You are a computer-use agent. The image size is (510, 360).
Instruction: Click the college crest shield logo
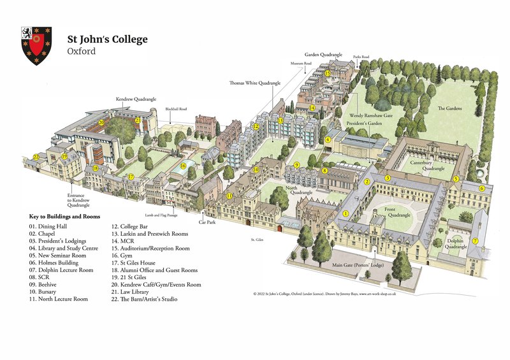click(36, 45)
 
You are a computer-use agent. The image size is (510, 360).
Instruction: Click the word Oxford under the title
click(81, 51)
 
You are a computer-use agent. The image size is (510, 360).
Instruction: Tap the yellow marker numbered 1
click(346, 214)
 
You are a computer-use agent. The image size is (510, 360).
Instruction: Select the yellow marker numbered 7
click(475, 241)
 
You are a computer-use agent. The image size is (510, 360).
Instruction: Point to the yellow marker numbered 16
click(183, 166)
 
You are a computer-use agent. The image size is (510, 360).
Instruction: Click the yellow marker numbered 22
click(36, 157)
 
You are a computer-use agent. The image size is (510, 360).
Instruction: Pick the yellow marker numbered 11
click(229, 196)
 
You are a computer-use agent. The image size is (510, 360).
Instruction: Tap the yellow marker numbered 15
click(327, 73)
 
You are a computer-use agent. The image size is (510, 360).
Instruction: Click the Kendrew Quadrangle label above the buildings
click(136, 99)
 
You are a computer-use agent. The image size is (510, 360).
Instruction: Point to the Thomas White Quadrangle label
click(255, 83)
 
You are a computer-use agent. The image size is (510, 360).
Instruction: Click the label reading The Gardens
click(449, 109)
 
